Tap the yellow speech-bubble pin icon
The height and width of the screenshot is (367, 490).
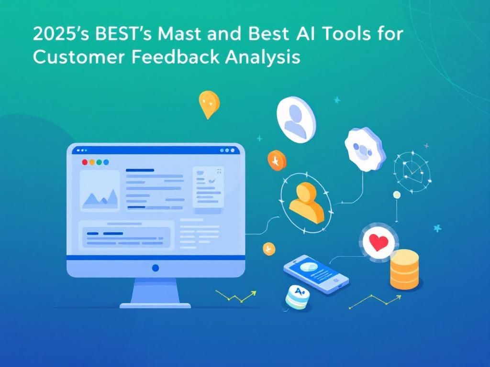pos(209,104)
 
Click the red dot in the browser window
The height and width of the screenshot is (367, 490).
pos(85,162)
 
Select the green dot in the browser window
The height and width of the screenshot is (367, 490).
pos(99,162)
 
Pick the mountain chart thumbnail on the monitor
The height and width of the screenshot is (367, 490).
pos(100,191)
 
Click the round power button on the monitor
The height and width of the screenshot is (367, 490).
pos(155,268)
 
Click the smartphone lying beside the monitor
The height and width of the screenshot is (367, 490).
pos(315,274)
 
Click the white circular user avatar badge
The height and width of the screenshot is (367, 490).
pos(296,118)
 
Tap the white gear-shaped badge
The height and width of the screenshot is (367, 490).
pos(365,149)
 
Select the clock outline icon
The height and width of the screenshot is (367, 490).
pos(411,172)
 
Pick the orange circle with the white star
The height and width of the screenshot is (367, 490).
pos(277,161)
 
